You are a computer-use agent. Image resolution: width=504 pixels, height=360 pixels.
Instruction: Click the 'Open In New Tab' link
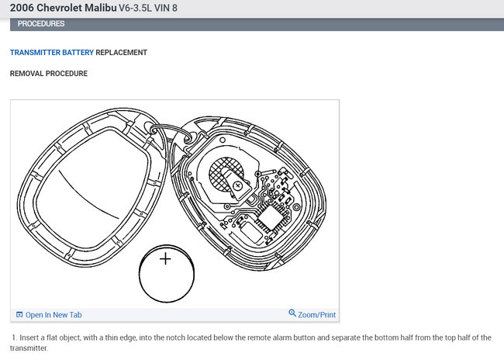(54, 315)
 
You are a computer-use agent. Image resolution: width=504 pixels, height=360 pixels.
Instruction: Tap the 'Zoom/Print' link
(316, 315)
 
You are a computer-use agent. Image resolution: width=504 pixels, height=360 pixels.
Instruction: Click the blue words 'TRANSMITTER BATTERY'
(52, 53)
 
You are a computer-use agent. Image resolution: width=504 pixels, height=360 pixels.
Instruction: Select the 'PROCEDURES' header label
(41, 24)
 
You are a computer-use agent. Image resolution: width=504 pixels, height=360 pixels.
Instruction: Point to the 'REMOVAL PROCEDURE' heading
(49, 74)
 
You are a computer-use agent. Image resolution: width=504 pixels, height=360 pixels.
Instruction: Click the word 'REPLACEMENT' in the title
(121, 53)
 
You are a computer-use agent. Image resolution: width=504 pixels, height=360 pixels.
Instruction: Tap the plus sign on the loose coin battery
(165, 259)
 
